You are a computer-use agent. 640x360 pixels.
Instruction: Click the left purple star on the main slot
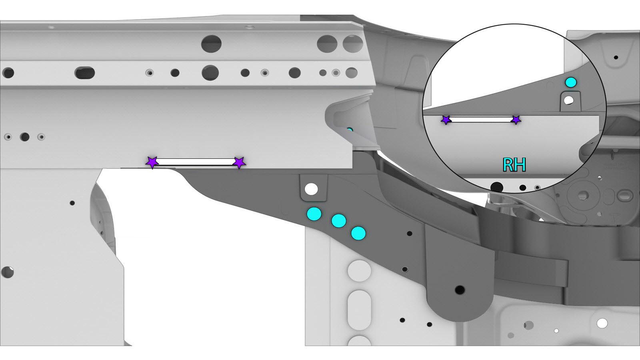coord(152,162)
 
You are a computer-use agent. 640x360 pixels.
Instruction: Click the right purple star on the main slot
coord(240,162)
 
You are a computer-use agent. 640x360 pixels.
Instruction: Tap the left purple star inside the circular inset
coord(446,120)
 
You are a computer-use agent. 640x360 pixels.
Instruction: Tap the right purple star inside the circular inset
coord(516,120)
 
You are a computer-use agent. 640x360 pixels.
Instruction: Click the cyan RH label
coord(514,165)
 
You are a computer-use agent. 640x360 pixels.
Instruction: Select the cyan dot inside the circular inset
coord(571,82)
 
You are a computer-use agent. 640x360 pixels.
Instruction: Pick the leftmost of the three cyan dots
coord(314,214)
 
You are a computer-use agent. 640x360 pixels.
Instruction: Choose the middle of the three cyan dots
coord(339,220)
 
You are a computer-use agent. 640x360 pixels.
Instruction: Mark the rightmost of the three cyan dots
coord(358,234)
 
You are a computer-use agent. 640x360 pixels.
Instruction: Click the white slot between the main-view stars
coord(196,162)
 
